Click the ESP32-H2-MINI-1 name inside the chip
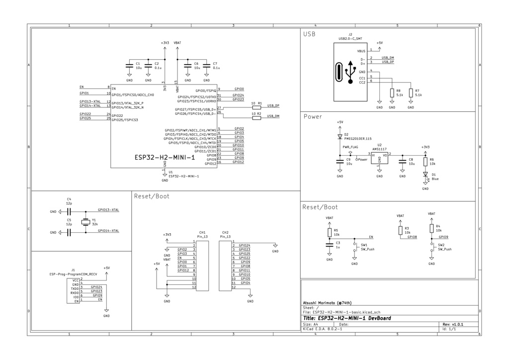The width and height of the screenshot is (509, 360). (x=164, y=158)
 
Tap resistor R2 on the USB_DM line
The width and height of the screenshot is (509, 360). (x=256, y=118)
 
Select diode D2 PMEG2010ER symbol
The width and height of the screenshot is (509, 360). (x=340, y=136)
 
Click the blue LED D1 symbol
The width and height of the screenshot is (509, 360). (x=425, y=175)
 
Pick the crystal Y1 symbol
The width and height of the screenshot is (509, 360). (x=85, y=221)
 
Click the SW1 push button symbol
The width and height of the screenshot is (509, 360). (x=354, y=247)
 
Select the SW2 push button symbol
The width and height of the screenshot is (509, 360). (x=431, y=249)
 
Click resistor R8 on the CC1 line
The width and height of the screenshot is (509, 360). (x=392, y=93)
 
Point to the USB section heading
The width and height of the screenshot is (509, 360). (x=309, y=34)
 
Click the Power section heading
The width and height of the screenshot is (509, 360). (x=312, y=117)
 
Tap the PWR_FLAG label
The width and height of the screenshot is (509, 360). (x=350, y=148)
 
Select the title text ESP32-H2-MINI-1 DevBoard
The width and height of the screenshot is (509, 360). (x=346, y=318)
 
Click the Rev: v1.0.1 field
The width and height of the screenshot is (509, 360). (x=453, y=324)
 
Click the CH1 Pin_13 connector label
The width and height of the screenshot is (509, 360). (x=202, y=235)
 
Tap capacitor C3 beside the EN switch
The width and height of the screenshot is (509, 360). (x=329, y=244)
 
